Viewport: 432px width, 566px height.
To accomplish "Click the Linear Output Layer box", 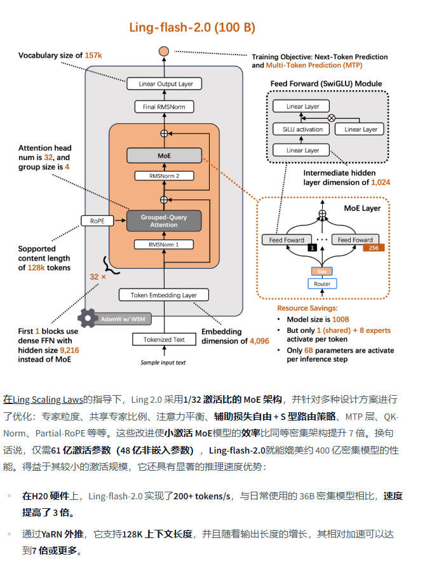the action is pos(164,84).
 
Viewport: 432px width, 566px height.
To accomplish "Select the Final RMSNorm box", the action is pos(164,107).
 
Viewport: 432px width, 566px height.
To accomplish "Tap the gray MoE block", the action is pos(164,156).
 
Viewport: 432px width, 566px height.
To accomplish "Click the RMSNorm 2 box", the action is pos(164,176).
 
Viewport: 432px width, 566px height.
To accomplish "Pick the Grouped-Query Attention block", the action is pos(164,221).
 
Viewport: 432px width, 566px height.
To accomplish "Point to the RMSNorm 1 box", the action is pos(164,245).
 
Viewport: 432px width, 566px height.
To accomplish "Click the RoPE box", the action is pos(97,221).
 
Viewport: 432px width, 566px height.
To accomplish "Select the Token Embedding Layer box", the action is pos(164,295).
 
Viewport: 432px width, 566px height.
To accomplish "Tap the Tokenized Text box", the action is pos(164,339).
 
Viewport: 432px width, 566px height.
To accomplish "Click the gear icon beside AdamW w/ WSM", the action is pos(88,318).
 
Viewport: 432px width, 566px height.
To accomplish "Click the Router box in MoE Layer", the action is pos(322,284).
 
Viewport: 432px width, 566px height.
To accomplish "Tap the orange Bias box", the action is pos(322,271).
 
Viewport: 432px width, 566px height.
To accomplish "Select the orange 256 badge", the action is pos(374,248).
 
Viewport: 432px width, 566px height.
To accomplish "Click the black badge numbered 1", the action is pos(312,248).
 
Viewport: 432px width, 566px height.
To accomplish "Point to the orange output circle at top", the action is pos(164,51).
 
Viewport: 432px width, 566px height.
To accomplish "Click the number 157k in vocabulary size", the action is pos(93,55).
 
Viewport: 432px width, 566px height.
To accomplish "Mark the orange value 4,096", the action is pos(259,341).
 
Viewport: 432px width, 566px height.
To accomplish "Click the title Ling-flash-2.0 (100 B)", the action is pos(192,27).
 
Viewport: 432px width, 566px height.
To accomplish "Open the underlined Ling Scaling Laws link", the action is pos(48,400).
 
